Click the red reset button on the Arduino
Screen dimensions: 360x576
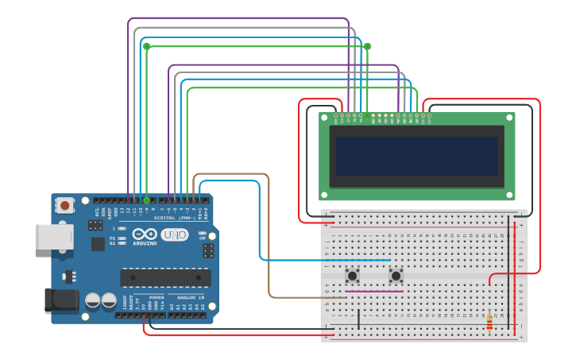pyautogui.click(x=65, y=205)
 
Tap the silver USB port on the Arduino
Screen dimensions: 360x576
pyautogui.click(x=53, y=237)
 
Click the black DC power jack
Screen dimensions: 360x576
pyautogui.click(x=60, y=300)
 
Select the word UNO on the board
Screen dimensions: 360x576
pyautogui.click(x=174, y=234)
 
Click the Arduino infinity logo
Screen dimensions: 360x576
pyautogui.click(x=145, y=234)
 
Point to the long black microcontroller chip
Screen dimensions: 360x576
pyautogui.click(x=165, y=277)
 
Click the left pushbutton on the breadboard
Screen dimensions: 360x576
pyautogui.click(x=352, y=276)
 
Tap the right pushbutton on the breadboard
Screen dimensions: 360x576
pyautogui.click(x=396, y=276)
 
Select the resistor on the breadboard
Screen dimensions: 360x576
pyautogui.click(x=489, y=321)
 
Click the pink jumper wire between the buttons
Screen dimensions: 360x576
pyautogui.click(x=373, y=291)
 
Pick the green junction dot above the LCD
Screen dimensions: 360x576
pyautogui.click(x=367, y=46)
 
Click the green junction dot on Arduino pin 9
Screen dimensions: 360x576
pyautogui.click(x=146, y=200)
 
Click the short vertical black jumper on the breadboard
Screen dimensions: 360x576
pyautogui.click(x=358, y=319)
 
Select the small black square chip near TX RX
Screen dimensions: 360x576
pyautogui.click(x=98, y=243)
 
